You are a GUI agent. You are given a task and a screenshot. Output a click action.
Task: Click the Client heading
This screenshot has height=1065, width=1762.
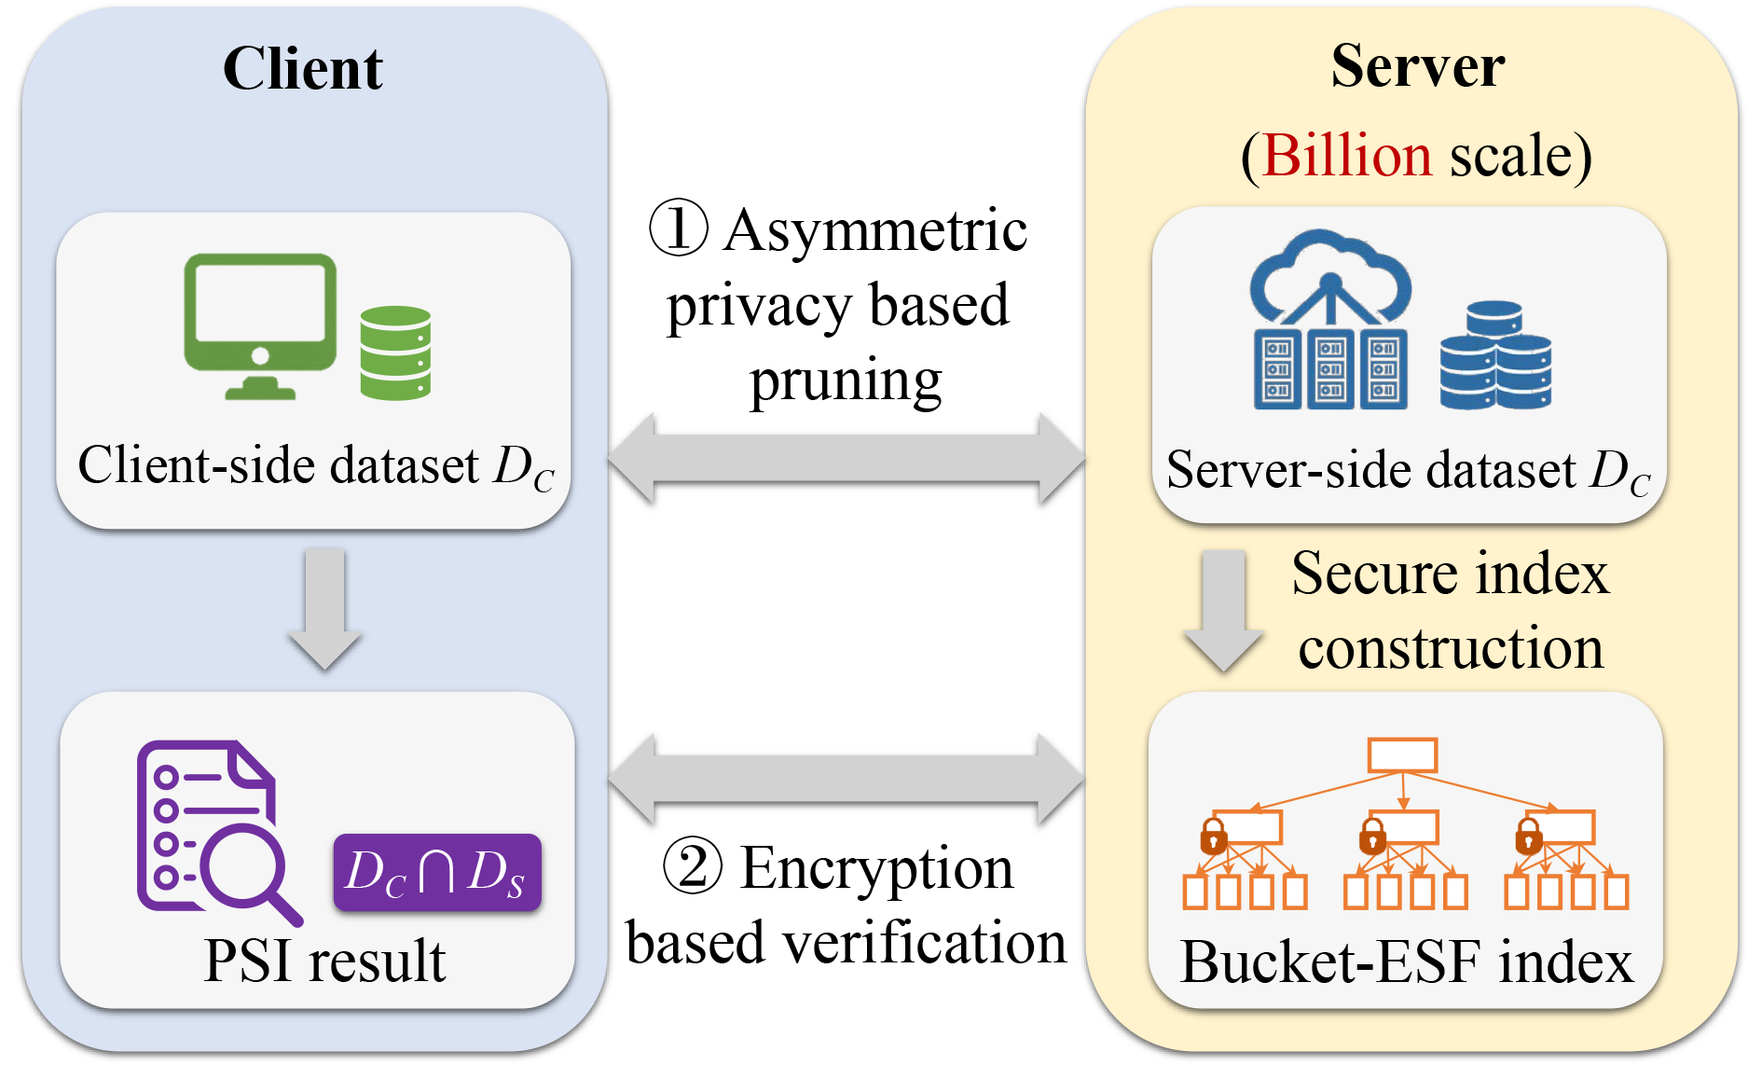302,69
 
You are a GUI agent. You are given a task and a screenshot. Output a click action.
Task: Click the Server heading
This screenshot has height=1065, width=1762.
1417,66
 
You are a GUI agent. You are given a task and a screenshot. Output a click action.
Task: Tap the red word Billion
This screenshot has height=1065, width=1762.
1346,155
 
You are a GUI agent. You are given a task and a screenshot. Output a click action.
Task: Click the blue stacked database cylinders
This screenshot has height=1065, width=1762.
1494,355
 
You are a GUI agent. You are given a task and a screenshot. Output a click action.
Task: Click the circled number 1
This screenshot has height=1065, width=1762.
678,228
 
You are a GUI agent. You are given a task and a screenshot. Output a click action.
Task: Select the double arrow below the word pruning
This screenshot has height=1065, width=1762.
846,460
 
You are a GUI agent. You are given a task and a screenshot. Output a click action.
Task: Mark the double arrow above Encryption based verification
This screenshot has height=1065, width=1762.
846,779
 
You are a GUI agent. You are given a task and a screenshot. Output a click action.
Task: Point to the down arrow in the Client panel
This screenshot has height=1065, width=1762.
324,607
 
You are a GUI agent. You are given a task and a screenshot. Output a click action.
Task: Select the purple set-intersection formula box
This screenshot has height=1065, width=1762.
436,873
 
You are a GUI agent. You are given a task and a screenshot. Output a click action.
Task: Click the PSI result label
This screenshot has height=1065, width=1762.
324,961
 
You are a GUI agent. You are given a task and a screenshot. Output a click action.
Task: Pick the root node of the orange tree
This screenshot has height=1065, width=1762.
1402,754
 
